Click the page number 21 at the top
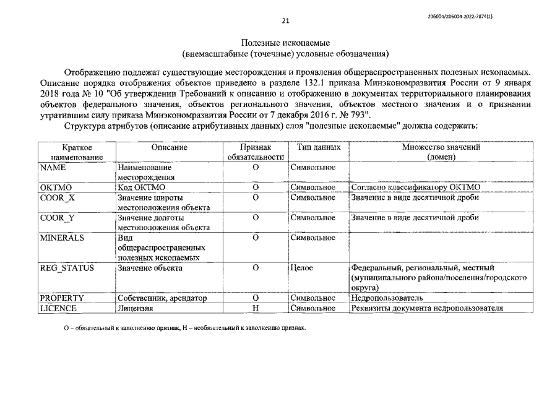[286, 20]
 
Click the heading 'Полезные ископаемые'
[286, 42]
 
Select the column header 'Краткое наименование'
[77, 152]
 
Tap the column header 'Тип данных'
[318, 148]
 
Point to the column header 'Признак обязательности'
[255, 152]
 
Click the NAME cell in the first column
[53, 168]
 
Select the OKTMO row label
[56, 187]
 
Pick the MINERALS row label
[62, 237]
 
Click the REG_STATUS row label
[67, 268]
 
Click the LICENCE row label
[58, 308]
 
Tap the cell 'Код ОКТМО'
[142, 187]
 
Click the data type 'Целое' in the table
[302, 268]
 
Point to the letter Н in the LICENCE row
[255, 308]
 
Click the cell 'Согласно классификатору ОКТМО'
[415, 187]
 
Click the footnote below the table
[185, 327]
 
